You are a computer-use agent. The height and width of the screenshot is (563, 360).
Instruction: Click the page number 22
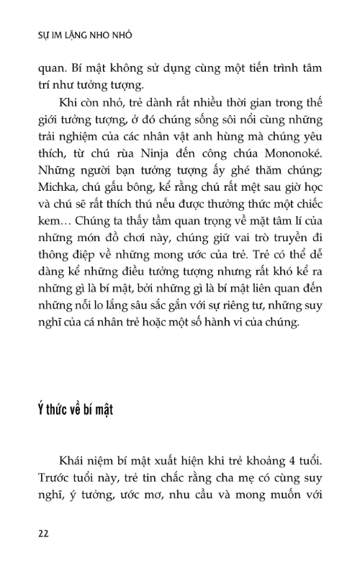tap(43, 533)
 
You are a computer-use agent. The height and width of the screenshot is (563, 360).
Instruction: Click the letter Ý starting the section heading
tap(42, 410)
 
